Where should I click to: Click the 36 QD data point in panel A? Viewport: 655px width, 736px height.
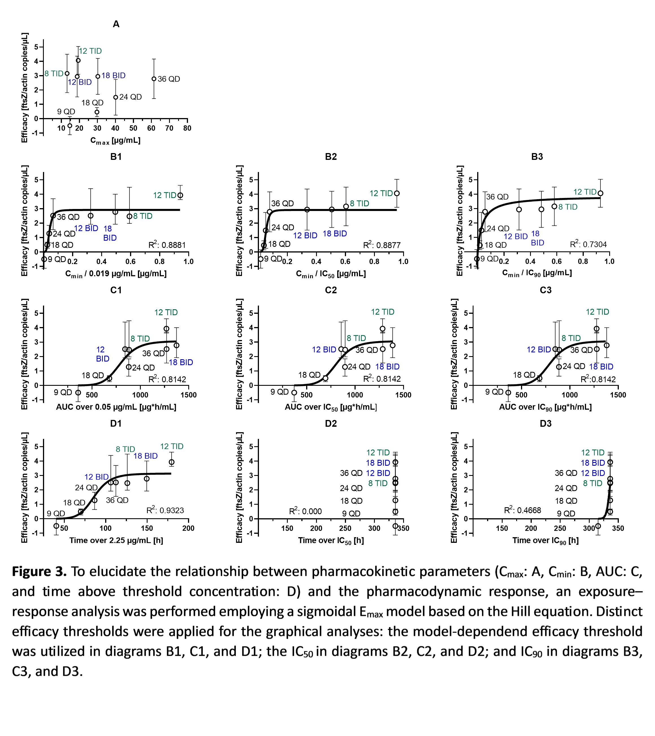154,79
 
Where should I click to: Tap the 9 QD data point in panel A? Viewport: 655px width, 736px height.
70,126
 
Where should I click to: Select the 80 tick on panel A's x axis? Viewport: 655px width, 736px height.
187,128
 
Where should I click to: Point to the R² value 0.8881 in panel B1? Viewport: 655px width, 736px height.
167,245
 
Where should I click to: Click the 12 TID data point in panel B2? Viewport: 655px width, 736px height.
397,193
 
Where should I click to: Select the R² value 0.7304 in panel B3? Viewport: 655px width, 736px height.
588,245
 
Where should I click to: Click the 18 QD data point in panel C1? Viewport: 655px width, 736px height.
109,378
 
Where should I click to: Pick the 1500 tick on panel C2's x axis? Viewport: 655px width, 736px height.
403,395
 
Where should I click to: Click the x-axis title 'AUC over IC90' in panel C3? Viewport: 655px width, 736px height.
545,407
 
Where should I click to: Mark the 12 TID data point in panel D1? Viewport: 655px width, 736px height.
172,462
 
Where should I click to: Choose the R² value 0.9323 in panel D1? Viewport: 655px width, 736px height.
165,510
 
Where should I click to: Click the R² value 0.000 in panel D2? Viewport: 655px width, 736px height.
305,511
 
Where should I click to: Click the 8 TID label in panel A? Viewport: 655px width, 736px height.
54,74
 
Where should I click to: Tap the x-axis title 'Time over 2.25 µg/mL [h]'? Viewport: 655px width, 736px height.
116,541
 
